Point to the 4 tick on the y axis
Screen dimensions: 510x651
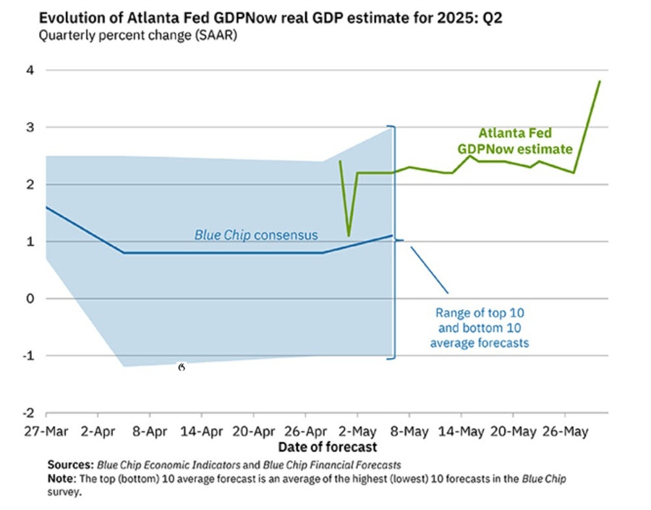tap(30, 70)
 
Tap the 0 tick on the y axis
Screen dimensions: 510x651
tap(30, 298)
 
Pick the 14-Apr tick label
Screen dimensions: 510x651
tap(201, 432)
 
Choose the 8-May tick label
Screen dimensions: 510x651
tap(409, 432)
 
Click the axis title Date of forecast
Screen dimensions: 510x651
tap(327, 447)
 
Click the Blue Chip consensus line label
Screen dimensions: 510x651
tap(256, 235)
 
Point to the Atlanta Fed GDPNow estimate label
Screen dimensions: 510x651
tap(514, 141)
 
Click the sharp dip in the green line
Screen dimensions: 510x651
tap(349, 235)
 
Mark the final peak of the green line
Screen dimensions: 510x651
tap(600, 81)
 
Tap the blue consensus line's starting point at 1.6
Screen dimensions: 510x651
tap(46, 207)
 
